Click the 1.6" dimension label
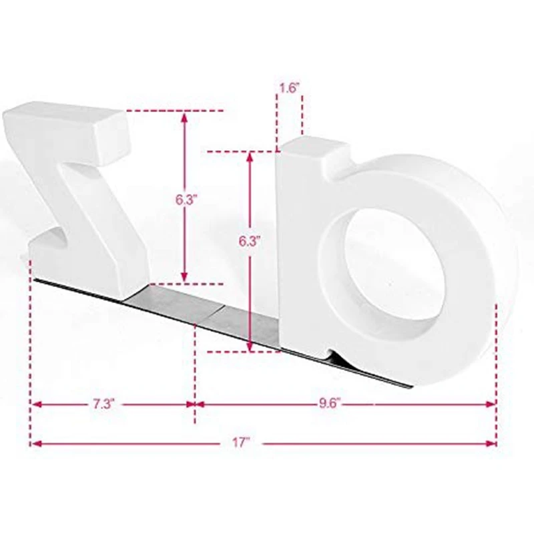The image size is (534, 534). (289, 88)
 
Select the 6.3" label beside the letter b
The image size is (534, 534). (250, 242)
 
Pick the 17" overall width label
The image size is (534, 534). (241, 443)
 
